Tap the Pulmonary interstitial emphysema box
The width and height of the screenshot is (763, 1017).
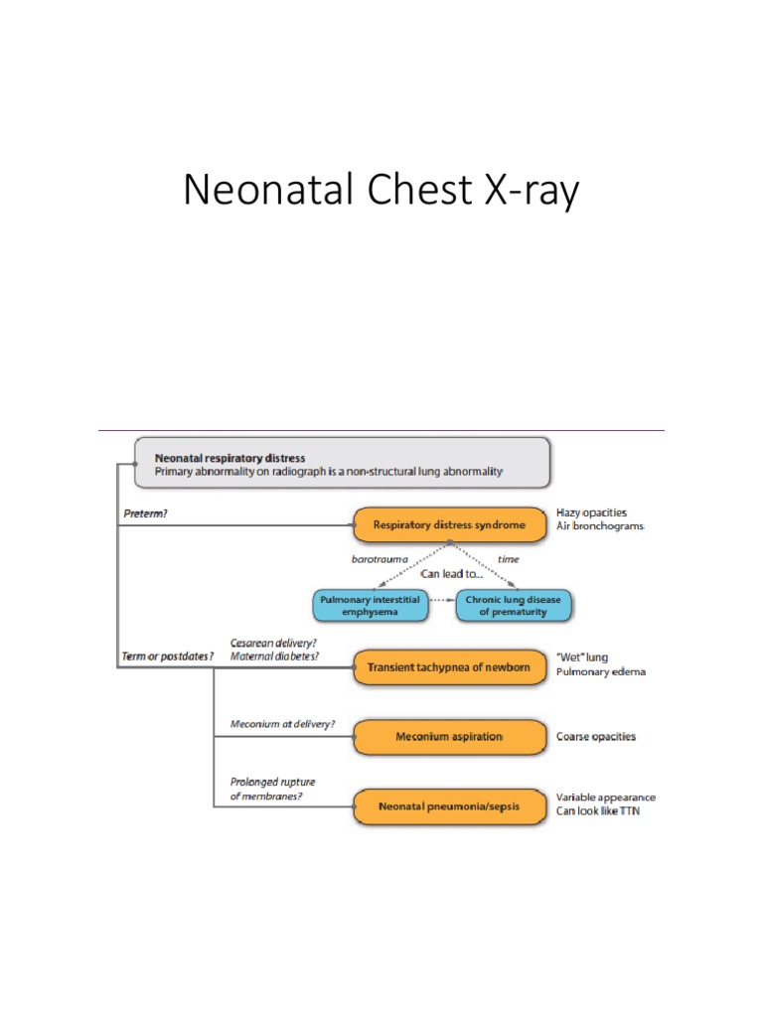371,606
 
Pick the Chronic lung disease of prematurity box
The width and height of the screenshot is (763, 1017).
514,606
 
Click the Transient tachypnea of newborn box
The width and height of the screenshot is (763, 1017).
449,667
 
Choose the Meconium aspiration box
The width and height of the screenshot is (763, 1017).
449,737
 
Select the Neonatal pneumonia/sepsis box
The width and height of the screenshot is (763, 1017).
449,806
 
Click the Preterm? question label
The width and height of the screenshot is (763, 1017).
146,513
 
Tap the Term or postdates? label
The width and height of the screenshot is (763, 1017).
169,656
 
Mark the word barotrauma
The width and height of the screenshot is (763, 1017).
381,559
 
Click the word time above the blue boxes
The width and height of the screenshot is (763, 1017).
508,559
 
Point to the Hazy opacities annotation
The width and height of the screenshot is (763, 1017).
591,512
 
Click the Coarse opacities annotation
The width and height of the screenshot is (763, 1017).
596,737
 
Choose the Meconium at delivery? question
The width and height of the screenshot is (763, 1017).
282,724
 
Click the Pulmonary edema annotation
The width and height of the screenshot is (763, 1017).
600,672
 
